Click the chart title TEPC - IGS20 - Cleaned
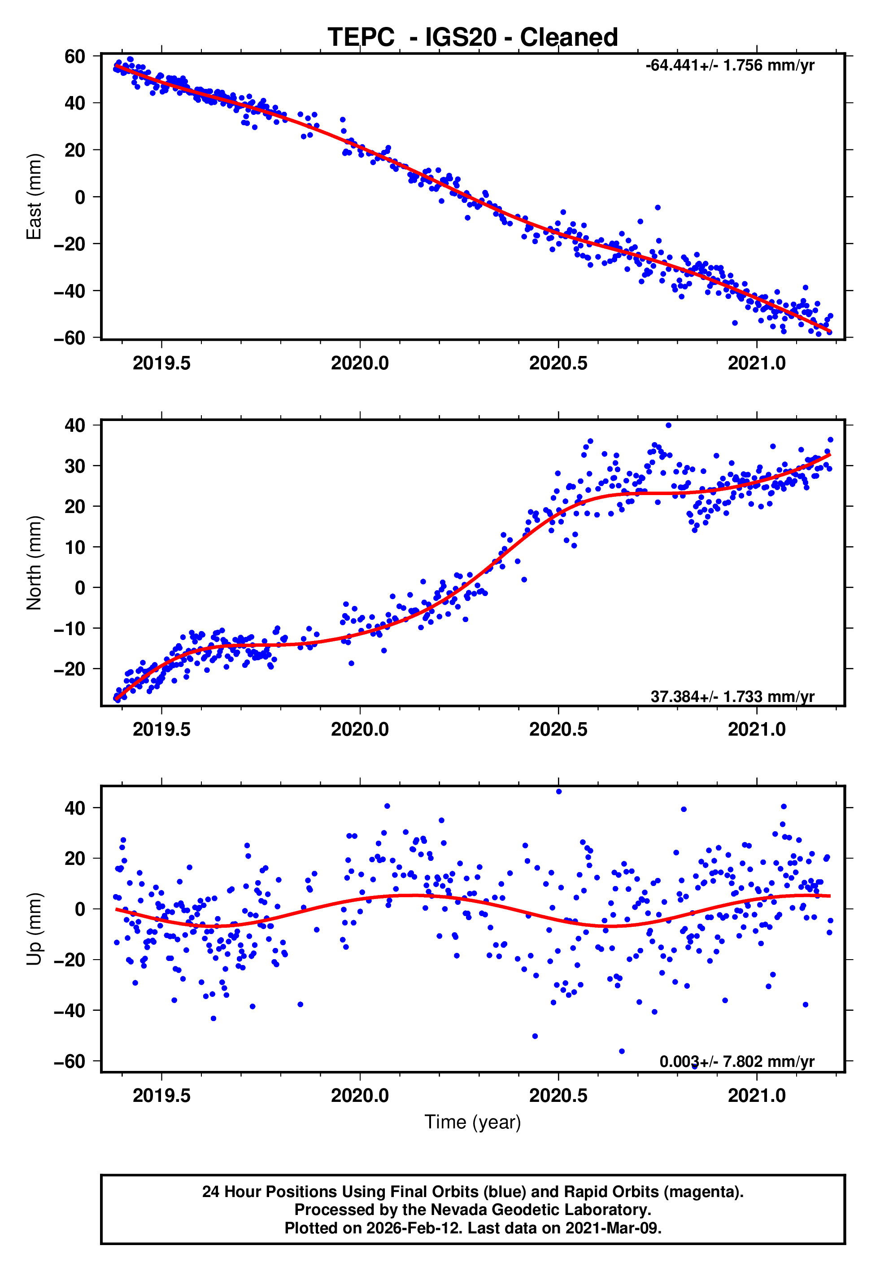[x=473, y=38]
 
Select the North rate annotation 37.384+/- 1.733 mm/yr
[x=732, y=697]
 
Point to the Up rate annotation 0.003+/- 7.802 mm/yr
[x=736, y=1061]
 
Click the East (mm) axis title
[x=34, y=197]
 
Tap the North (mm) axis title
[x=34, y=563]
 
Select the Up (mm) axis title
[x=34, y=929]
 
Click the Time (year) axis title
[x=473, y=1122]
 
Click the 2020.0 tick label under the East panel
[x=360, y=364]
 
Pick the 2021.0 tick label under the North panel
[x=757, y=729]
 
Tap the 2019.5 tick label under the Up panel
[x=161, y=1096]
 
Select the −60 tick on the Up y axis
[x=70, y=1061]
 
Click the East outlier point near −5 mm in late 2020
[x=657, y=208]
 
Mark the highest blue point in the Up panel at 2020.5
[x=558, y=792]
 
